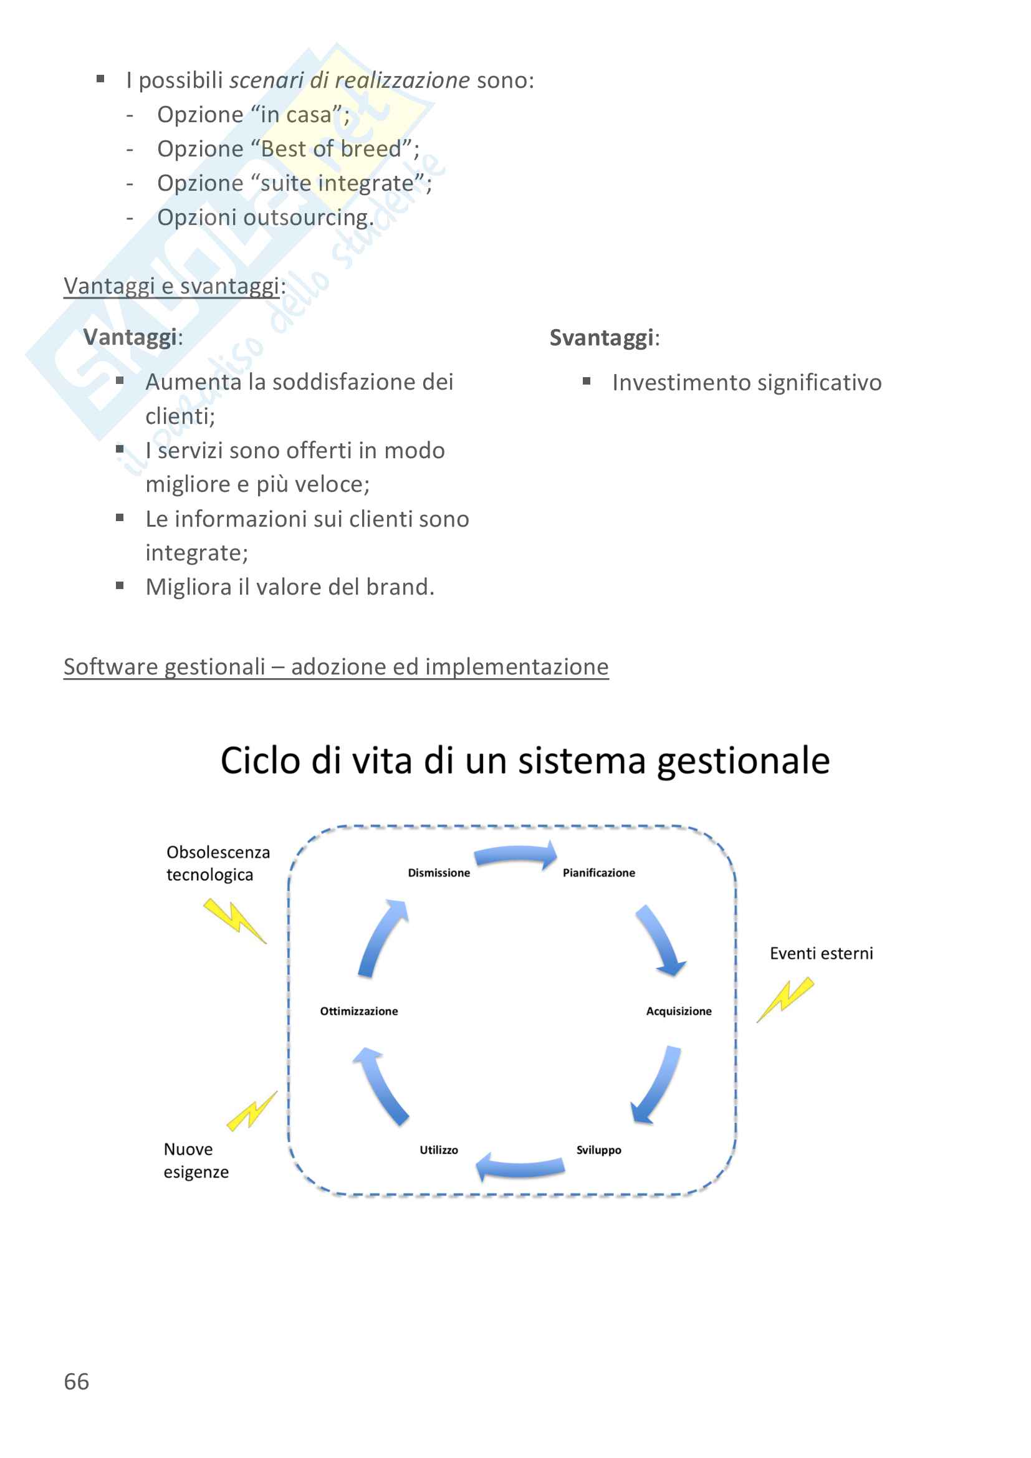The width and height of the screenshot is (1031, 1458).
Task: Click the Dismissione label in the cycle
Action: (439, 873)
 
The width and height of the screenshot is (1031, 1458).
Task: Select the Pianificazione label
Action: (598, 873)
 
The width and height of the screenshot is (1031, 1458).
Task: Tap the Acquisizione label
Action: (679, 1012)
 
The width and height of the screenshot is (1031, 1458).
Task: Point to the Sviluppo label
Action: (598, 1150)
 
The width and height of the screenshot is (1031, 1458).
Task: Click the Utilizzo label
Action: (439, 1150)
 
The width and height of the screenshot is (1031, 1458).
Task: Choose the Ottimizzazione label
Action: (358, 1012)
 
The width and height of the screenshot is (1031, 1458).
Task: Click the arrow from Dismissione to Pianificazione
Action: (515, 856)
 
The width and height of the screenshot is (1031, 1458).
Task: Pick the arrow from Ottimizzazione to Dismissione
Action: (381, 938)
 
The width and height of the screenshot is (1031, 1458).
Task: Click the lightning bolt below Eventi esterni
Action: (785, 999)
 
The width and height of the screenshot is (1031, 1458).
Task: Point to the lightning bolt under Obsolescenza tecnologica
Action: (234, 920)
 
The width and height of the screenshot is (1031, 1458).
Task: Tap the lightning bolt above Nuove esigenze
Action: (252, 1111)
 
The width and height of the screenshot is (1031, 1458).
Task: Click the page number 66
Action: (76, 1382)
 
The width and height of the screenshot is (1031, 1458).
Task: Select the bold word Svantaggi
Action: (600, 338)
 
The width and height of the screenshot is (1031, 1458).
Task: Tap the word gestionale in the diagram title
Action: (744, 760)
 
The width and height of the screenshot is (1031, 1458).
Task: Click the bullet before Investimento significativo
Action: (587, 381)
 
